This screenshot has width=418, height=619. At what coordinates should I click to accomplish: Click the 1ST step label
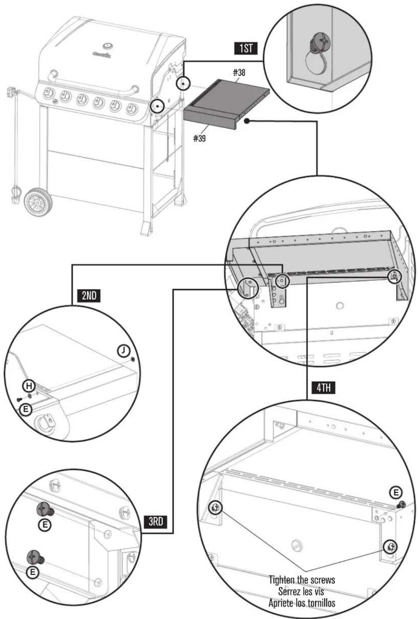click(x=246, y=48)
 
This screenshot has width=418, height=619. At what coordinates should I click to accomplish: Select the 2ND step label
click(x=89, y=296)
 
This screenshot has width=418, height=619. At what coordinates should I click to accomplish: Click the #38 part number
click(x=239, y=72)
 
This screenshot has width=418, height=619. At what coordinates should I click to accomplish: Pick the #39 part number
click(x=199, y=138)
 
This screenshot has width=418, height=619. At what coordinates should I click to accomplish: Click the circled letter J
click(x=123, y=350)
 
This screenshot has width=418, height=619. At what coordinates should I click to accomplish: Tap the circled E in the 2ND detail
click(x=26, y=409)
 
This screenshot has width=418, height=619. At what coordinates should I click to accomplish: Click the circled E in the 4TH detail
click(x=396, y=493)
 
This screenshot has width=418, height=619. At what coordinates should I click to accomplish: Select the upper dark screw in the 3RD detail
click(x=45, y=509)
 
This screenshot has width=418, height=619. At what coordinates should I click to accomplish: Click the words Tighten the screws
click(x=302, y=580)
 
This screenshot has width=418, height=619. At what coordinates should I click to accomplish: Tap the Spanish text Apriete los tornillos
click(x=302, y=603)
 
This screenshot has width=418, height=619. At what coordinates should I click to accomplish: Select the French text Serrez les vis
click(x=302, y=592)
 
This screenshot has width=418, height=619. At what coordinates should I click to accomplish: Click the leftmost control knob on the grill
click(x=48, y=93)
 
